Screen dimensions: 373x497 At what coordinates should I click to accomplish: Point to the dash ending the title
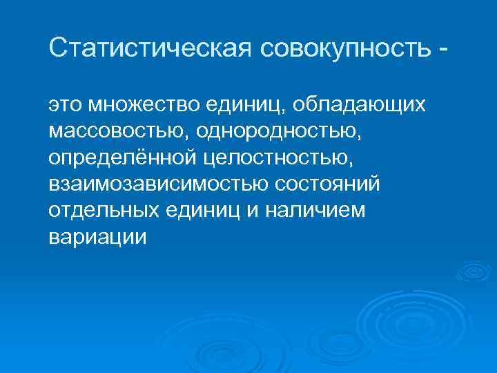pos(442,50)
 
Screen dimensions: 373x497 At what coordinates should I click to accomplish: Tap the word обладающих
pos(358,106)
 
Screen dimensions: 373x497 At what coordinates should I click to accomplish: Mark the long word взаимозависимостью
pos(158,184)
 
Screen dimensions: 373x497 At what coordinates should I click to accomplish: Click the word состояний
pos(329,184)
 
